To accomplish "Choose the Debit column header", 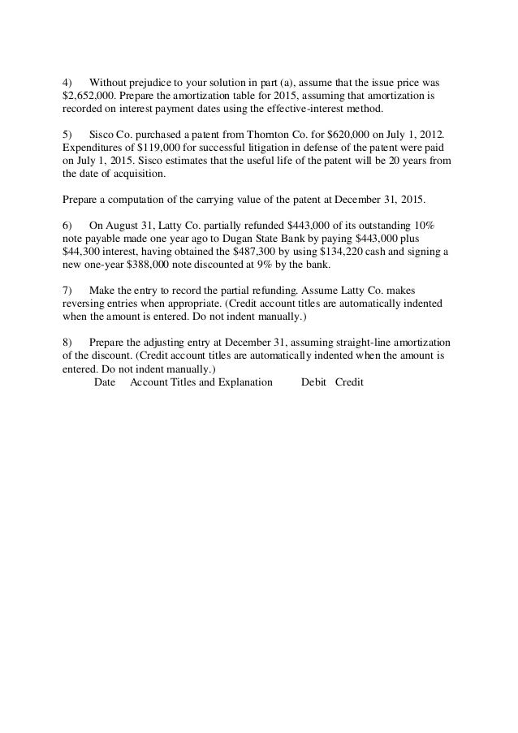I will point(314,382).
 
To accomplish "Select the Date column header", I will point(106,382).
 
